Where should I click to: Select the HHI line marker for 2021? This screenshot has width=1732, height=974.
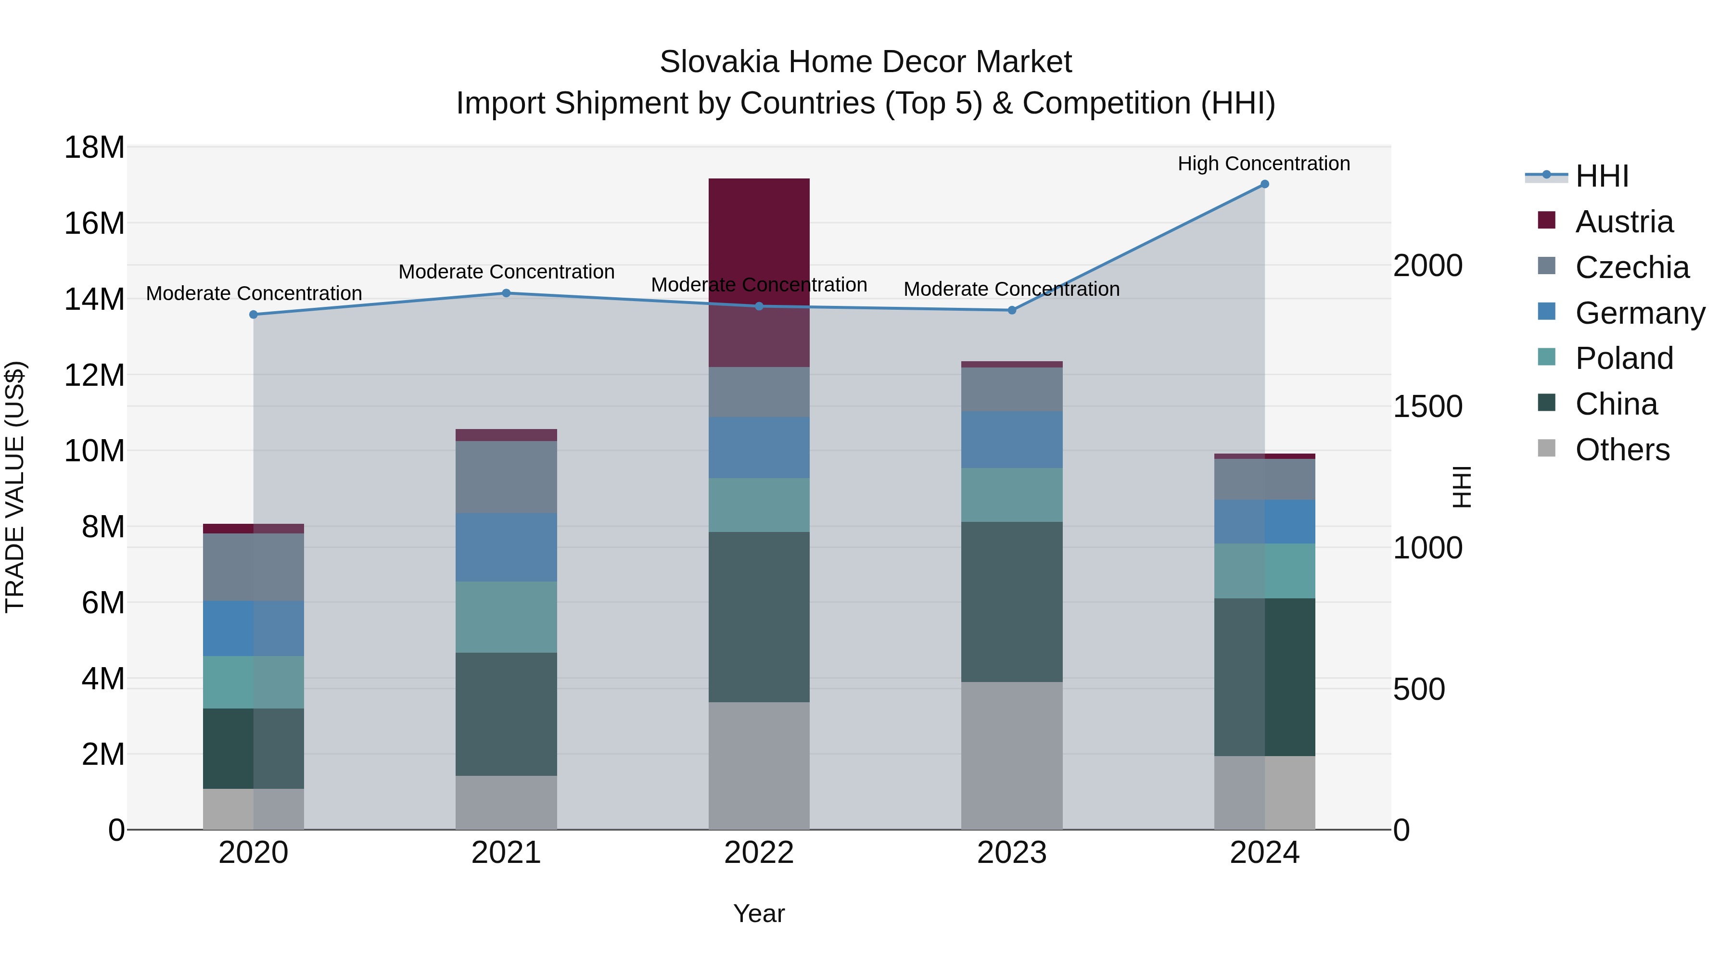[506, 293]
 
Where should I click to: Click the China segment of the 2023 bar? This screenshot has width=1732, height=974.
[1011, 602]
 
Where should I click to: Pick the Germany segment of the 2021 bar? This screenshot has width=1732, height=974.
[506, 547]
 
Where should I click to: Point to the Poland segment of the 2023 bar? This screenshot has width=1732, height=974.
[1011, 495]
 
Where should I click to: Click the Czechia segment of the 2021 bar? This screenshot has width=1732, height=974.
[506, 477]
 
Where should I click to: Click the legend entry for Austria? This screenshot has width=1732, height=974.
[1623, 222]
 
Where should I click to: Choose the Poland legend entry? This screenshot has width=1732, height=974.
[1623, 358]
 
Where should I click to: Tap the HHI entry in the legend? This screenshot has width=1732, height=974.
[1602, 176]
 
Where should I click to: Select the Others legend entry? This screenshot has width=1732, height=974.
[1622, 450]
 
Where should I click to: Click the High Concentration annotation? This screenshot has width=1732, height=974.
[1263, 164]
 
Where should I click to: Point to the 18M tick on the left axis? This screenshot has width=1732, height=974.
[94, 147]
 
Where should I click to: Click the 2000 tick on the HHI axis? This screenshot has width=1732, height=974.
[1427, 266]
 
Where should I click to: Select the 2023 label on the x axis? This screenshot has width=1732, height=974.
[1011, 853]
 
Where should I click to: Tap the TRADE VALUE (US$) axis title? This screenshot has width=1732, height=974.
[15, 487]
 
